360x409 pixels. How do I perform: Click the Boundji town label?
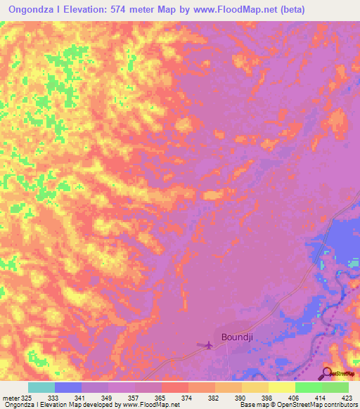pyautogui.click(x=236, y=337)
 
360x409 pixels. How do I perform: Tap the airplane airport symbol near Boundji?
pyautogui.click(x=207, y=344)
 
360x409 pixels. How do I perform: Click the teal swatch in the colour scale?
pyautogui.click(x=41, y=387)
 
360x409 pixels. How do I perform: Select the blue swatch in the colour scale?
pyautogui.click(x=68, y=387)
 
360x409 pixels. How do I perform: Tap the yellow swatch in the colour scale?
pyautogui.click(x=282, y=387)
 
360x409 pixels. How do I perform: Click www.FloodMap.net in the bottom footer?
pyautogui.click(x=150, y=405)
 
